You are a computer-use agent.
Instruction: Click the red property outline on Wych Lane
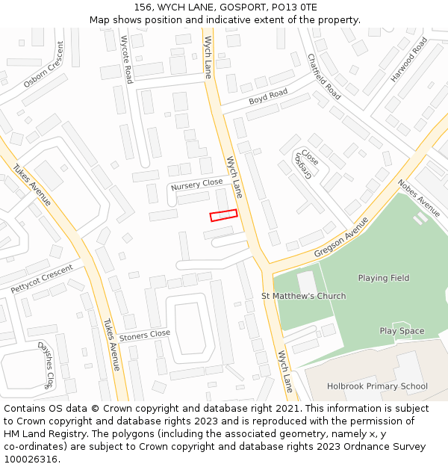coord(223,215)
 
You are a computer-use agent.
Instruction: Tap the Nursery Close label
coord(196,184)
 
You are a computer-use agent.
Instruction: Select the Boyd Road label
coord(268,96)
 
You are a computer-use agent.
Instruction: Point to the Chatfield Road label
coord(324,76)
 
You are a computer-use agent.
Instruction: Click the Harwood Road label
coord(408,59)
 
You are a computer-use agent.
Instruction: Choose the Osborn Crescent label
coord(44,64)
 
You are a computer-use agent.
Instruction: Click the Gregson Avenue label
coord(341,238)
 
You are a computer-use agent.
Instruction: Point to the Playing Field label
coord(384,278)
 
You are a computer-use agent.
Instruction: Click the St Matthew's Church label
coord(303,296)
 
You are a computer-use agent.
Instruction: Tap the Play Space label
coord(402,331)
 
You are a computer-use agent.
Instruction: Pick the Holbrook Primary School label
coord(377,386)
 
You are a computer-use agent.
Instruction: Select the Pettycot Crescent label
coord(42,279)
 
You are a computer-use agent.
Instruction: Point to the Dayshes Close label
coord(46,365)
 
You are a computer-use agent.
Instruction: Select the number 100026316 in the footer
coord(30,460)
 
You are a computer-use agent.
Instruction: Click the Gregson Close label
coord(305,164)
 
